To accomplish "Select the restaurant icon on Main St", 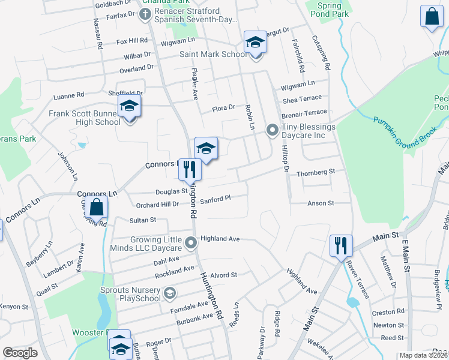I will coord(340,245).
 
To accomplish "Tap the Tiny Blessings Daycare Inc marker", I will coord(272,129).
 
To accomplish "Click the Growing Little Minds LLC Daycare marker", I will coord(191,243).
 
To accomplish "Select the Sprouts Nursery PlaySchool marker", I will coord(170,293).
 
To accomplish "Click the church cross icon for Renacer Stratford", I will coord(145,14).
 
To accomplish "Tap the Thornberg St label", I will coord(315,172).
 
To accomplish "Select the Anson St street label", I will coord(321,203).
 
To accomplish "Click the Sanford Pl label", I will coord(215,199).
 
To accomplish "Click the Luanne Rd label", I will coord(69,95).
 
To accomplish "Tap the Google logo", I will coord(20,353).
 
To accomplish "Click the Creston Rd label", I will coord(388,312).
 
